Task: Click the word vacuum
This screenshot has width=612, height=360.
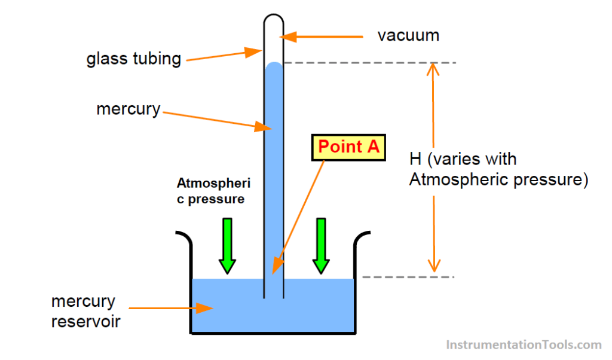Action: point(408,35)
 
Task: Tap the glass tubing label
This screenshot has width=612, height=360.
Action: point(133,59)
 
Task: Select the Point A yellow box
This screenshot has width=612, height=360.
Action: point(348,147)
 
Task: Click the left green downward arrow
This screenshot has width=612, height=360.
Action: point(228,246)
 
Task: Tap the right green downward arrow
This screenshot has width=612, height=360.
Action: point(321,246)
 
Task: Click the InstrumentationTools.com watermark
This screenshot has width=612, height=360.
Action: point(524,344)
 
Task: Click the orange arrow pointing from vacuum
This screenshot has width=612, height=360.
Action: point(323,37)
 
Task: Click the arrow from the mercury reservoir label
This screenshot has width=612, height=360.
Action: point(171,308)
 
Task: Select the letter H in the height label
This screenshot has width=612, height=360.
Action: point(415,160)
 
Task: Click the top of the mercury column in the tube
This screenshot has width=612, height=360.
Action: point(274,64)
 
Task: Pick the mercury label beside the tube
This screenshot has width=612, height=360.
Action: point(128,109)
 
